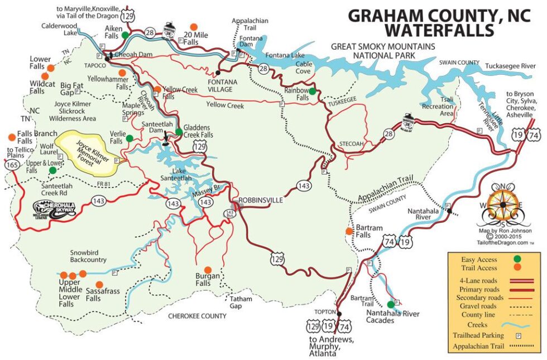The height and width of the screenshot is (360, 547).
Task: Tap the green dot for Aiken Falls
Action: click(x=126, y=35)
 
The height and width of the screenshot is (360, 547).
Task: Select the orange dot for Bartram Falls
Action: click(x=349, y=231)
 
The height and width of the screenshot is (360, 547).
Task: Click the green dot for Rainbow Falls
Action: click(x=313, y=91)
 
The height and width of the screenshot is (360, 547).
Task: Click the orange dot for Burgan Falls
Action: click(x=208, y=270)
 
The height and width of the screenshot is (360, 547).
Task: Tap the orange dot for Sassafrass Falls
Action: click(x=99, y=284)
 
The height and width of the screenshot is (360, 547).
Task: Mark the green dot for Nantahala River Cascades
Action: click(x=391, y=304)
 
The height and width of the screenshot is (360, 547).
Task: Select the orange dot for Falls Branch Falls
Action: click(x=11, y=137)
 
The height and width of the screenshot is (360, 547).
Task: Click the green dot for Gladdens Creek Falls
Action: click(x=179, y=132)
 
